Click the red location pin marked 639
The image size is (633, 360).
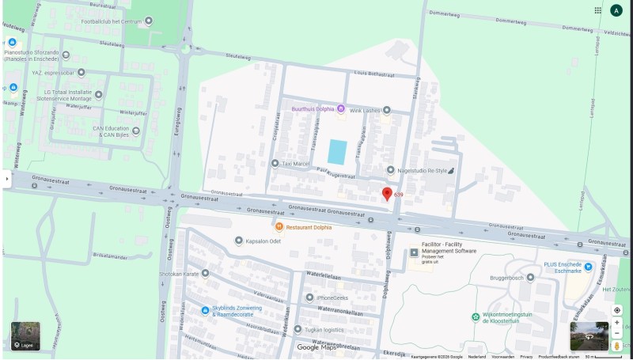coord(387,194)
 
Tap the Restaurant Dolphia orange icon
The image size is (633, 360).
coord(279,227)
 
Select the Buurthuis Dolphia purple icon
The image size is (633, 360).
coord(341,108)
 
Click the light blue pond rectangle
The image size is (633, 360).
coord(337,151)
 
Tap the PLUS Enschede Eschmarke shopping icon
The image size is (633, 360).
coord(586,266)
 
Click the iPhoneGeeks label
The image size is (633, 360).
coord(332,297)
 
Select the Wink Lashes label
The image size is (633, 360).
coord(364,110)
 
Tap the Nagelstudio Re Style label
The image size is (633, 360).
coord(423,170)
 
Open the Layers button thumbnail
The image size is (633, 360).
coord(25,335)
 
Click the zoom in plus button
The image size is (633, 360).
coord(617,323)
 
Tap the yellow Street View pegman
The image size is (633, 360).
coord(617,345)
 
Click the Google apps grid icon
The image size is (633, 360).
coord(598,10)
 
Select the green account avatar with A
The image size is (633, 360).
coord(616,10)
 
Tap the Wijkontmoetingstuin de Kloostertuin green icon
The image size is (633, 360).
coord(476,316)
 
